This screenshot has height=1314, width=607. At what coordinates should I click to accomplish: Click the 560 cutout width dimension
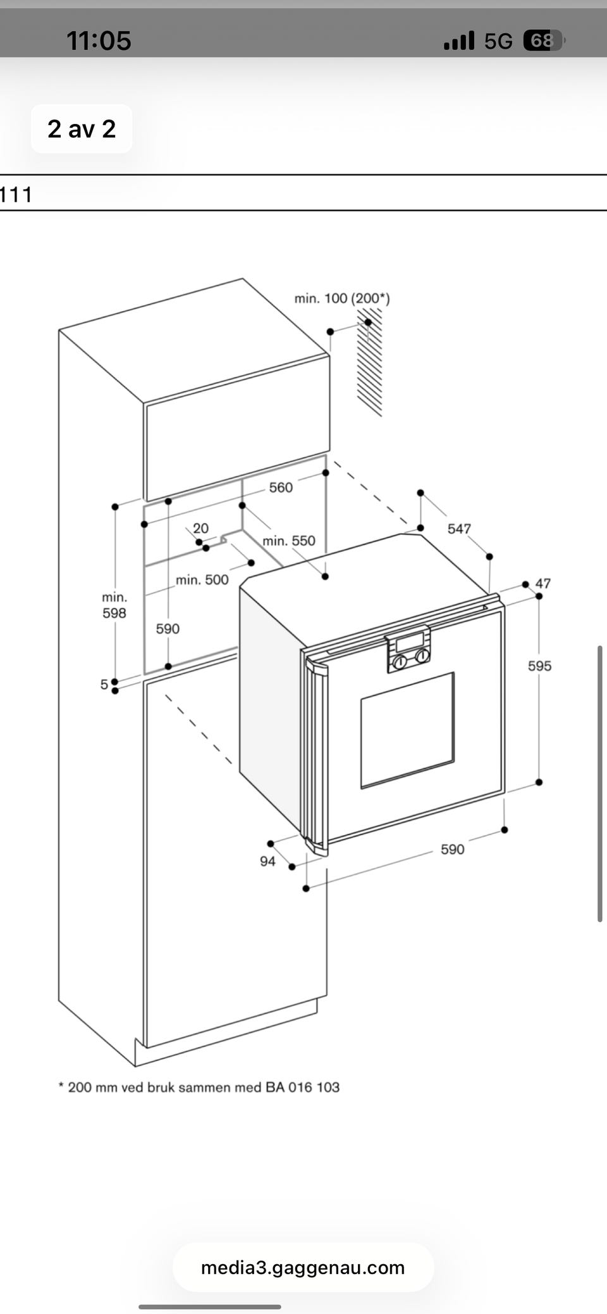[281, 488]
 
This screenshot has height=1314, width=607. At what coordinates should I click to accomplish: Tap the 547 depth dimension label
[459, 529]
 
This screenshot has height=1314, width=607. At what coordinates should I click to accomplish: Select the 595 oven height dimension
[539, 666]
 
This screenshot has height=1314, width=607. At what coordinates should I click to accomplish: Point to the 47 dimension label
[543, 584]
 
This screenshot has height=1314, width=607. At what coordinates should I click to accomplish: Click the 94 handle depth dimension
[267, 861]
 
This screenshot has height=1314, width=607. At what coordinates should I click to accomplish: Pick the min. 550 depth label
[288, 541]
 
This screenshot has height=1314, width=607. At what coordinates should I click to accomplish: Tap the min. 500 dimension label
[202, 580]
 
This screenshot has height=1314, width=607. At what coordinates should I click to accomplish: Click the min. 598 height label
[114, 605]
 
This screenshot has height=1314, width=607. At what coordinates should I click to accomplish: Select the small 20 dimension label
[200, 528]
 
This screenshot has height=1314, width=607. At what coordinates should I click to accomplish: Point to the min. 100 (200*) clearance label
[342, 298]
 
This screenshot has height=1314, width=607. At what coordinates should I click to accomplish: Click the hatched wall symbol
[370, 367]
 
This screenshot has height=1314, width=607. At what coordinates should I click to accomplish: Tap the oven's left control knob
[400, 662]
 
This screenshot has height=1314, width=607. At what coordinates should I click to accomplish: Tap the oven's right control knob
[421, 656]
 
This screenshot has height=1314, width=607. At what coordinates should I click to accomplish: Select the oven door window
[407, 730]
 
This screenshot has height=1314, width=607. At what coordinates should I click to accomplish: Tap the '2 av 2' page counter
[82, 129]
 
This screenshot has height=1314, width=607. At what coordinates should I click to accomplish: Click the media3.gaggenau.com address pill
[303, 1267]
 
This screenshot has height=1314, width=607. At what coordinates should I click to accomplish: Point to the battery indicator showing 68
[543, 41]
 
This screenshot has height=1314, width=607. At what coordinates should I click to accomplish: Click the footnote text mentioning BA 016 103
[199, 1087]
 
